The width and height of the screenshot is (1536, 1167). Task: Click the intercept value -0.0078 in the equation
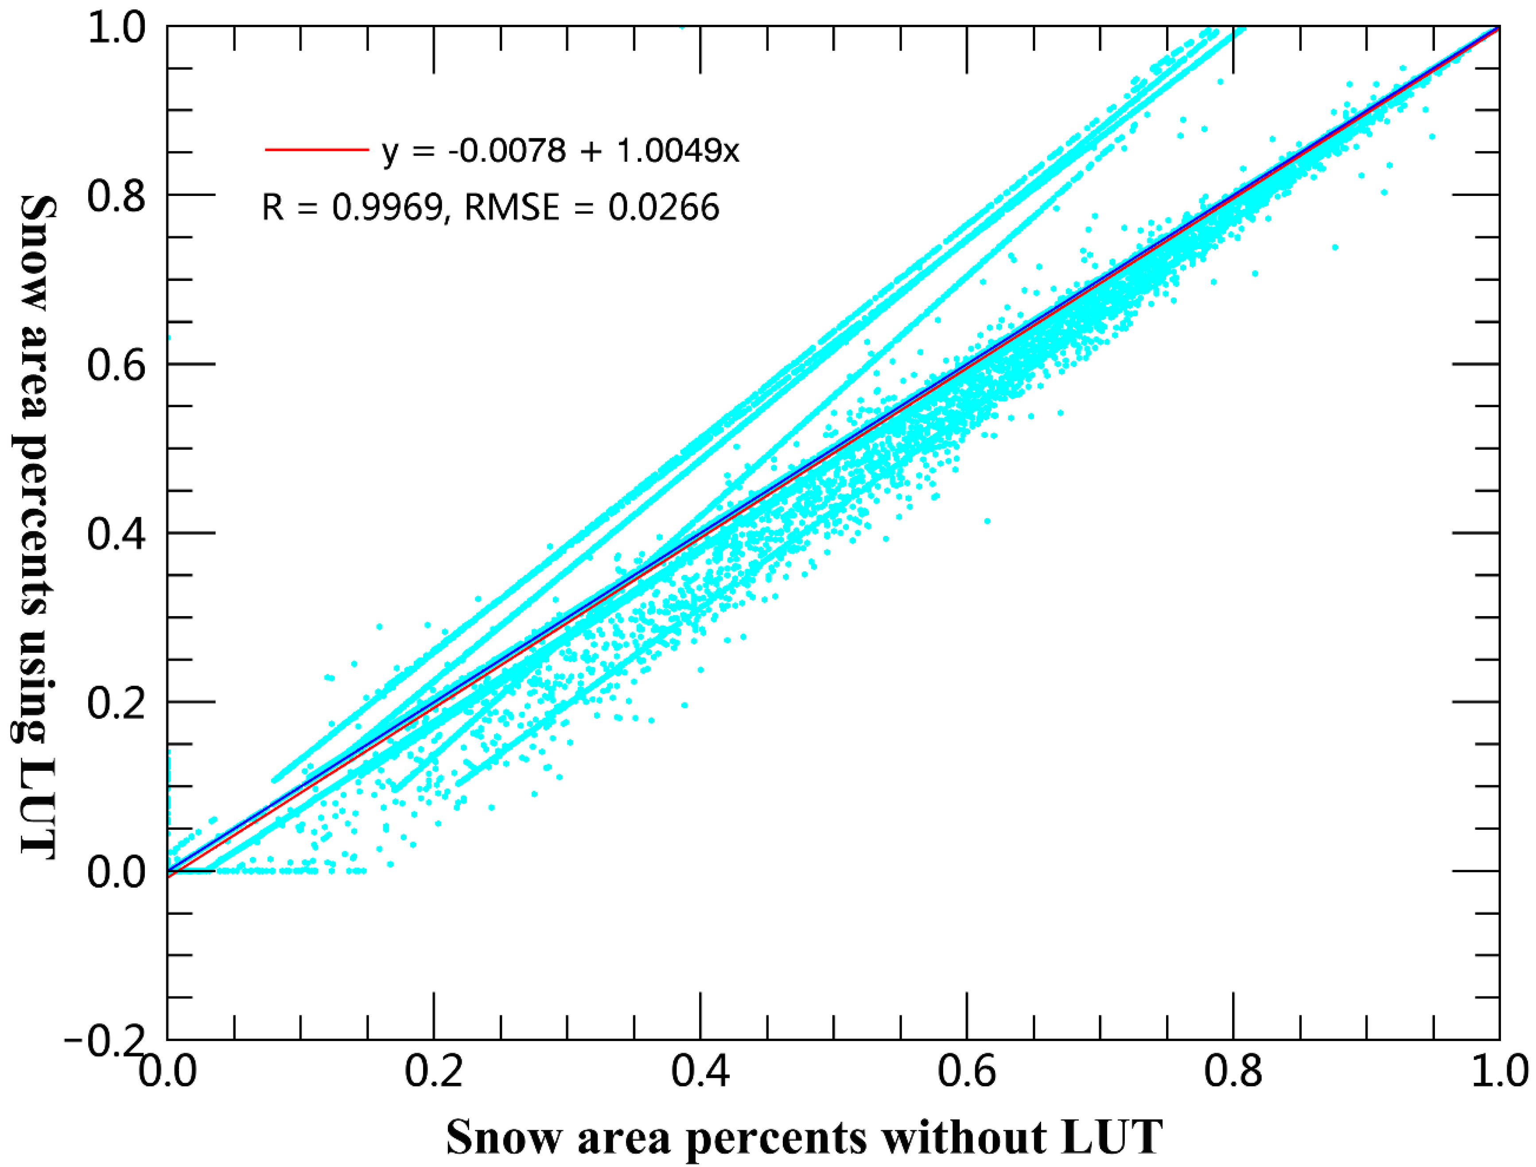click(x=506, y=150)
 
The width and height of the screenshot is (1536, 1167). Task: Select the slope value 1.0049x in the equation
click(x=678, y=150)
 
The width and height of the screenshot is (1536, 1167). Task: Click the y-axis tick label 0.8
click(x=116, y=195)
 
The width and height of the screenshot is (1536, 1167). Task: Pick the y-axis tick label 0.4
click(x=116, y=534)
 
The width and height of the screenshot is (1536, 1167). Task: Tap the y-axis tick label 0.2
click(x=116, y=703)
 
